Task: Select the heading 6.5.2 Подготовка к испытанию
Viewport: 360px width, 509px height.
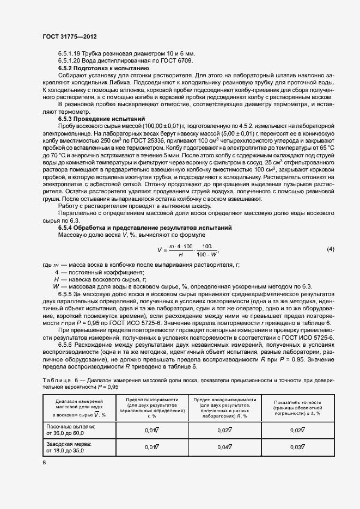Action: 103,69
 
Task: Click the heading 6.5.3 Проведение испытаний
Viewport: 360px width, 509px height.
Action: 102,118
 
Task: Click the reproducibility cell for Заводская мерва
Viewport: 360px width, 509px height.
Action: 225,447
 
